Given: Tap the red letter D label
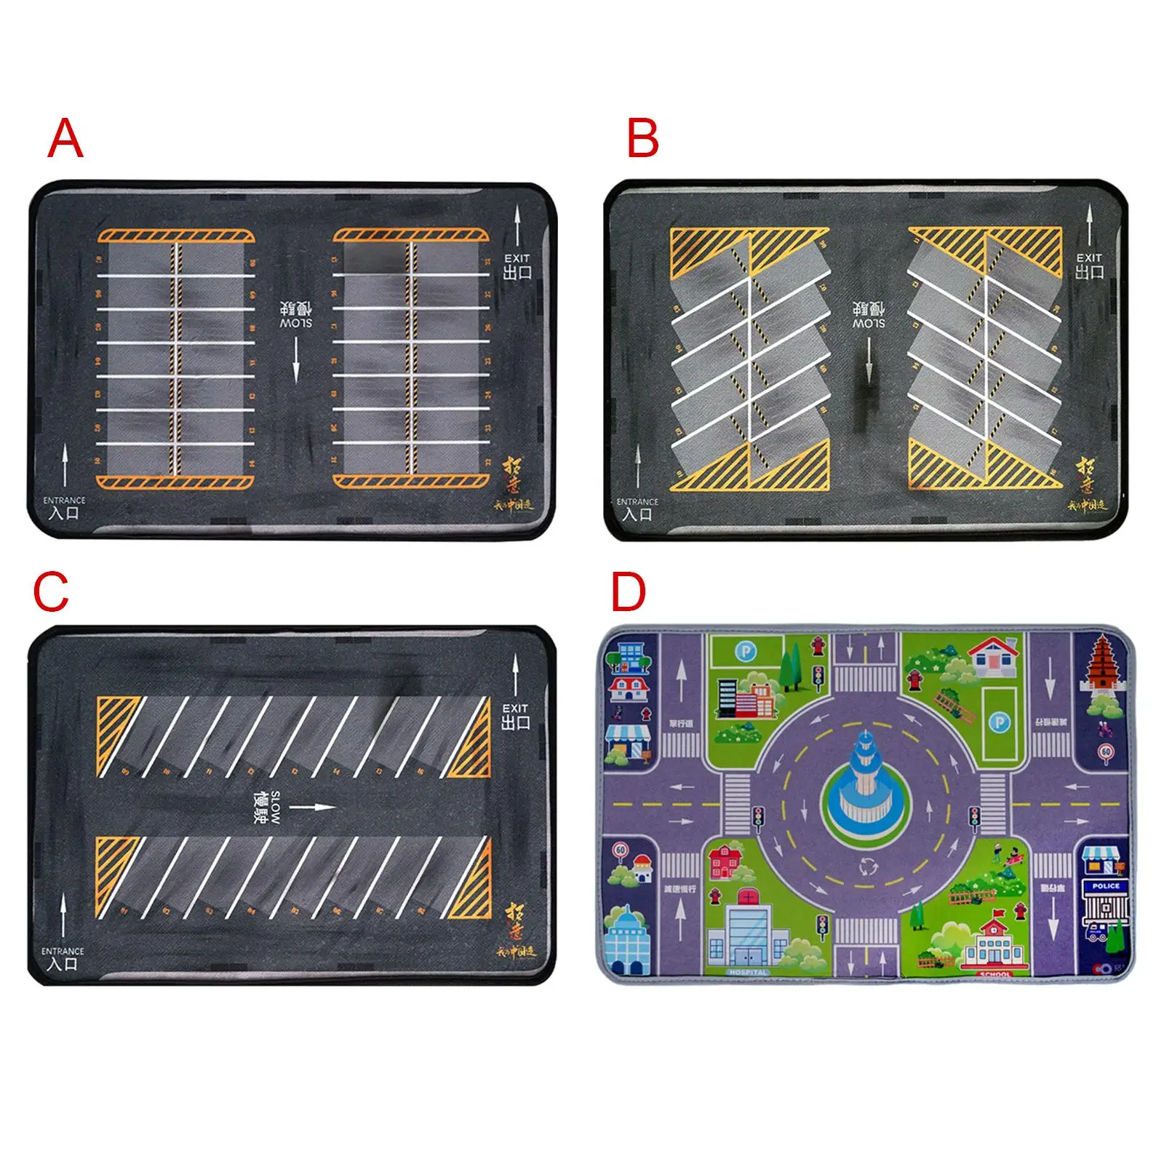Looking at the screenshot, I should pos(629,592).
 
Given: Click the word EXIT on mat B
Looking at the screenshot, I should pos(1089,258).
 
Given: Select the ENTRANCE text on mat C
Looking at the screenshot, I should pos(63,951).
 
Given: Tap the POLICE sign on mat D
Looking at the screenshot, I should pos(1106,886).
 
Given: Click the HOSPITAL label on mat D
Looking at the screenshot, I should pos(747,972).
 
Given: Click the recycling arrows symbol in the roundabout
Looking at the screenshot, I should pos(865,866).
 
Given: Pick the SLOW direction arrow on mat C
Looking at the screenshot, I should pos(313,807).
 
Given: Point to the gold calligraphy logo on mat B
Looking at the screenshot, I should pos(1086,477).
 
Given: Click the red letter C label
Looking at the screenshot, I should pos(51,592).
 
